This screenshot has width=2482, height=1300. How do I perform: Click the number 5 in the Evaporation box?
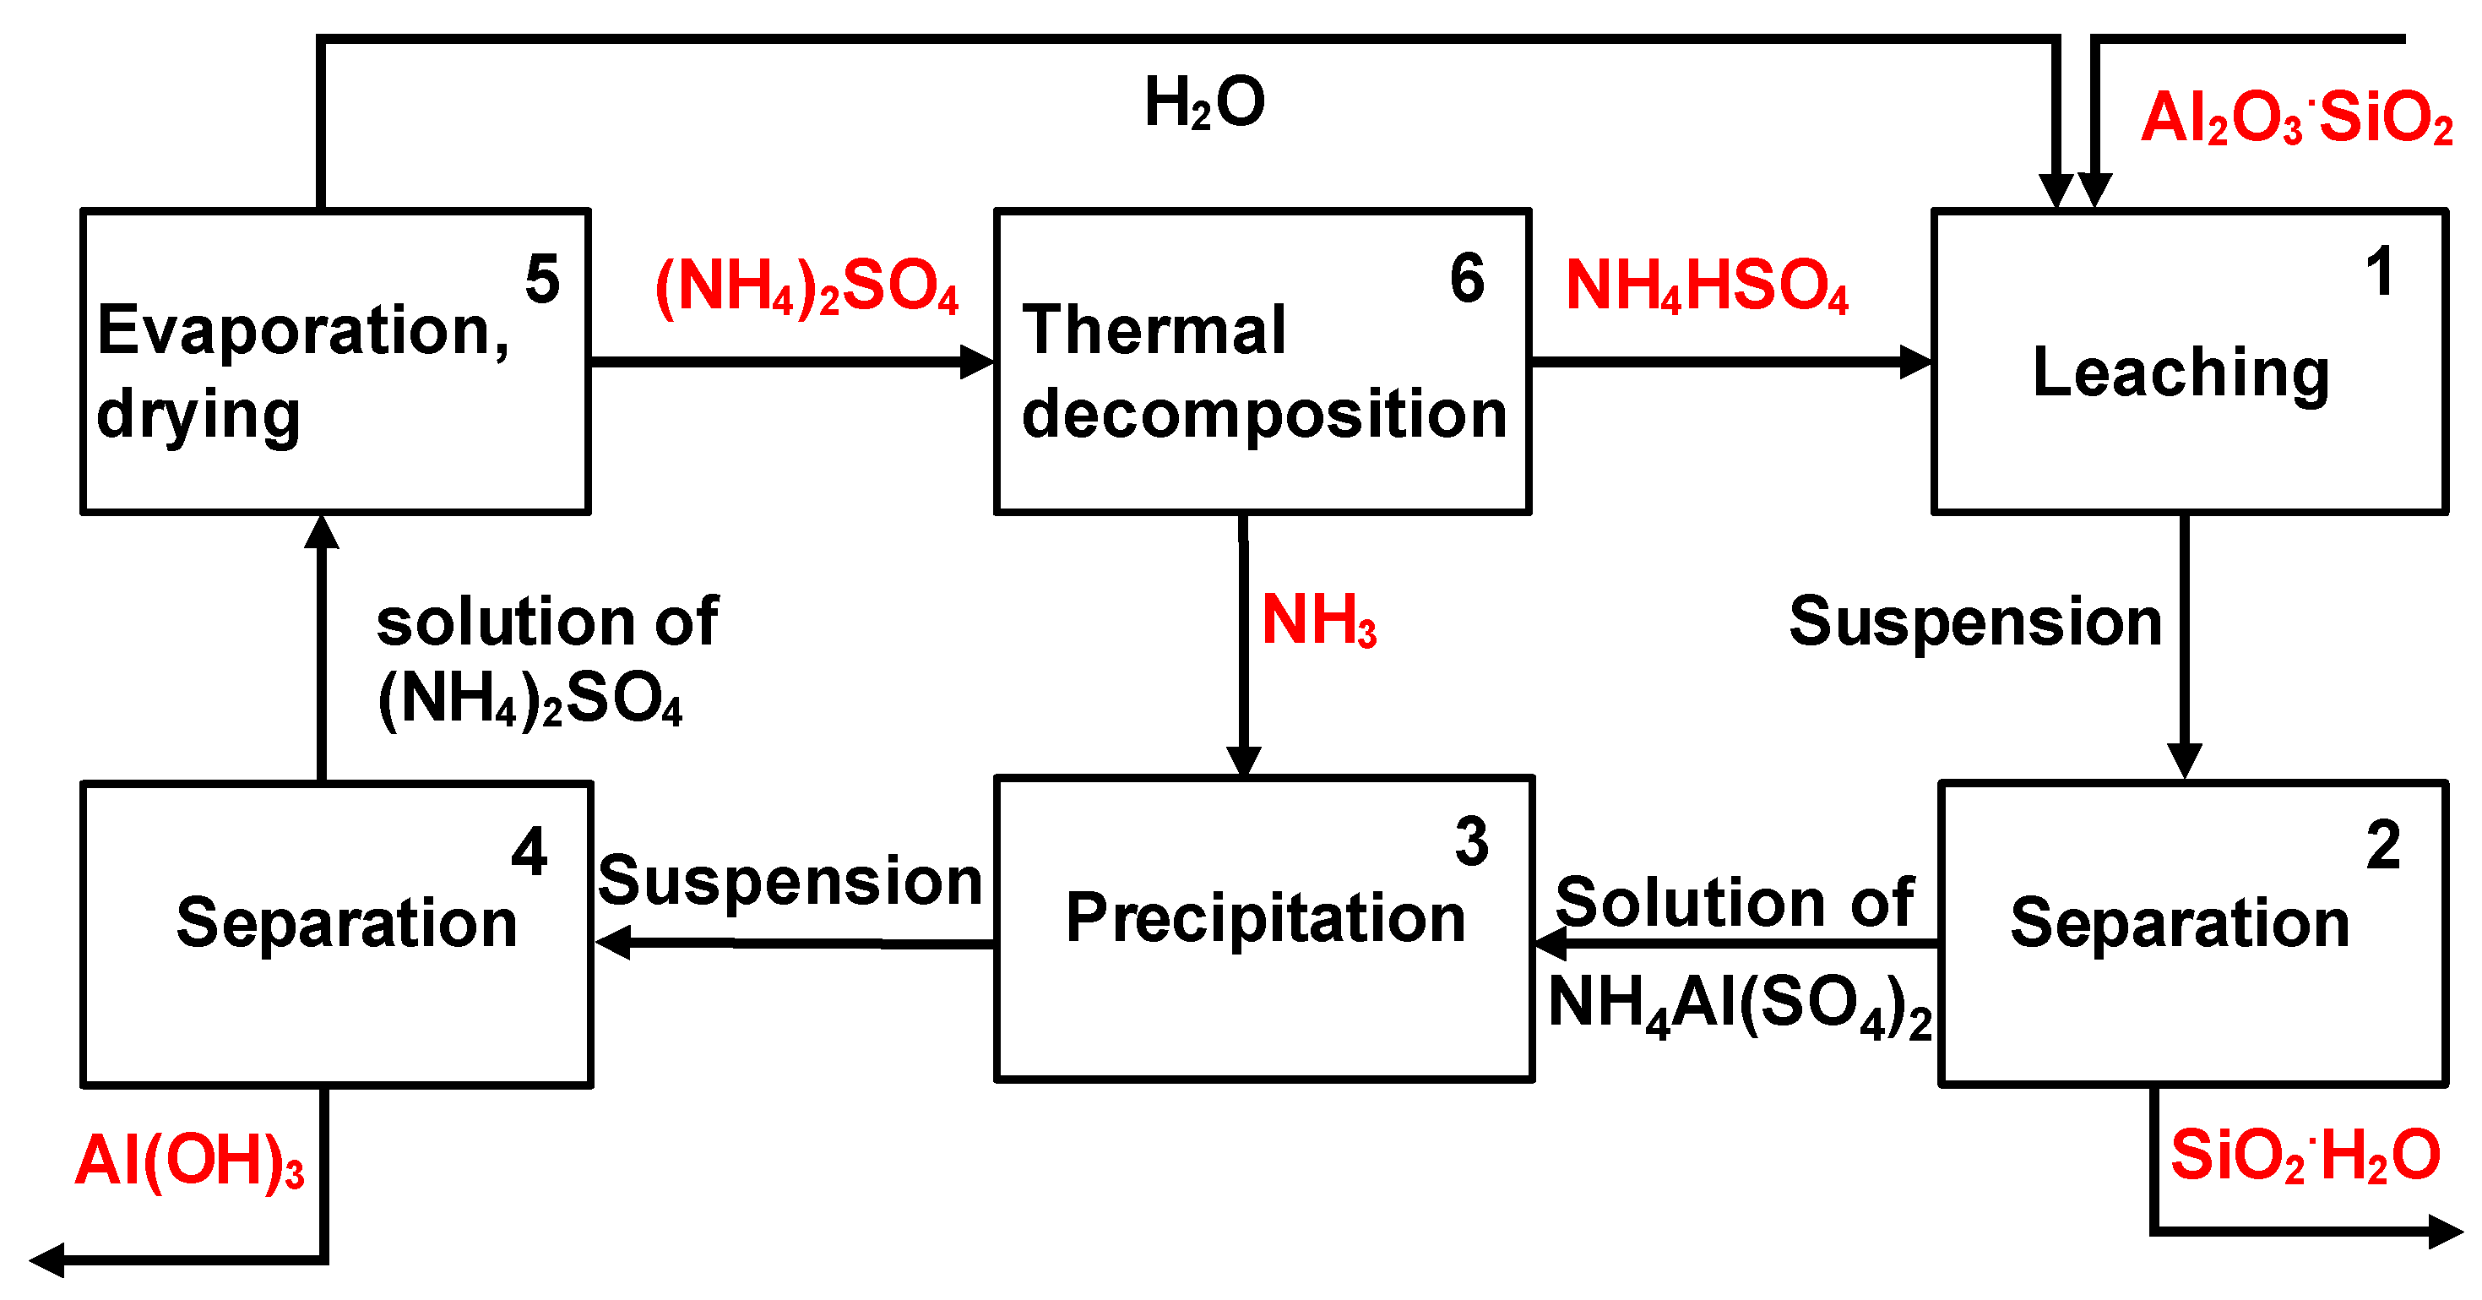[542, 280]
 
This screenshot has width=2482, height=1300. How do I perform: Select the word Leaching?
[2181, 374]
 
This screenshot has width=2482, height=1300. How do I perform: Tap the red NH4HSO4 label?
[1707, 286]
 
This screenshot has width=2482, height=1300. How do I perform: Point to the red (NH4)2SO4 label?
[807, 286]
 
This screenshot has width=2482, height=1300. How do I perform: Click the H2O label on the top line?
[1204, 103]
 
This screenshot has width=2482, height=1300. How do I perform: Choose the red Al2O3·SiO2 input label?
[2296, 118]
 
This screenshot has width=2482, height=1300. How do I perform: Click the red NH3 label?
[1319, 621]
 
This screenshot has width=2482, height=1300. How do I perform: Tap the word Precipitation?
[1265, 917]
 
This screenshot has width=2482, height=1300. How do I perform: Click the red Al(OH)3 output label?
[190, 1161]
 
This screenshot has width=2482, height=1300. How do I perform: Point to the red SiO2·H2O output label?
[2305, 1156]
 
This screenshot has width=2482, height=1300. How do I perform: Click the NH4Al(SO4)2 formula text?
[1739, 1005]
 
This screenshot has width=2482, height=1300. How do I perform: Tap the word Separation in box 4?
[347, 923]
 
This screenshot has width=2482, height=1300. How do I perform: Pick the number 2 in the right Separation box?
[2382, 846]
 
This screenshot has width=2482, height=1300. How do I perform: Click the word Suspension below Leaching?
[1975, 622]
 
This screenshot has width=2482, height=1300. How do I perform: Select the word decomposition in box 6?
[1264, 415]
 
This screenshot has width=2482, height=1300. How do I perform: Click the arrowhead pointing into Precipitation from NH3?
[1243, 761]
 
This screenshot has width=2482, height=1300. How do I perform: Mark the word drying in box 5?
[198, 416]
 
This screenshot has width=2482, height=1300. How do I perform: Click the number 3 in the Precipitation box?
[1471, 842]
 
